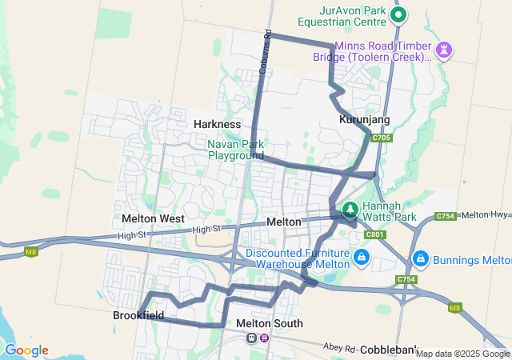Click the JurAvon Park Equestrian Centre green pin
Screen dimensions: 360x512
coord(398,14)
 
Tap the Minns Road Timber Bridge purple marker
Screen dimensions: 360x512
coord(444,50)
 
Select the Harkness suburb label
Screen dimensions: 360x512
coord(217,124)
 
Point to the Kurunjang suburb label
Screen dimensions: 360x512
coord(364,119)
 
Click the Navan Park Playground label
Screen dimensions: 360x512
coord(236,150)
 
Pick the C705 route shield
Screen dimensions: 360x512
coord(382,138)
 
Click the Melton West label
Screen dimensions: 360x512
coord(153,218)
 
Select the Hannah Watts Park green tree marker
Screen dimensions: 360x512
coord(350,210)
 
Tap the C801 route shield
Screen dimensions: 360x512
coord(374,234)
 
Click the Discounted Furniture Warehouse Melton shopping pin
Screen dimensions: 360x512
coord(362,258)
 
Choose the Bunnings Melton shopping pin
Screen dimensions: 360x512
coord(420,259)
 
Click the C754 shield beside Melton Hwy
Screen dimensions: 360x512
coord(446,216)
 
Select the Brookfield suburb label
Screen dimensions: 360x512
coord(138,315)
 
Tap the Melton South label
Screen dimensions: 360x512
coord(270,323)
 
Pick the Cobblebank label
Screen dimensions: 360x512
coord(389,350)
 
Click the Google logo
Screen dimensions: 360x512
coord(26,350)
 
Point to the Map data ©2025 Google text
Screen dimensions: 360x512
coord(462,354)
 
